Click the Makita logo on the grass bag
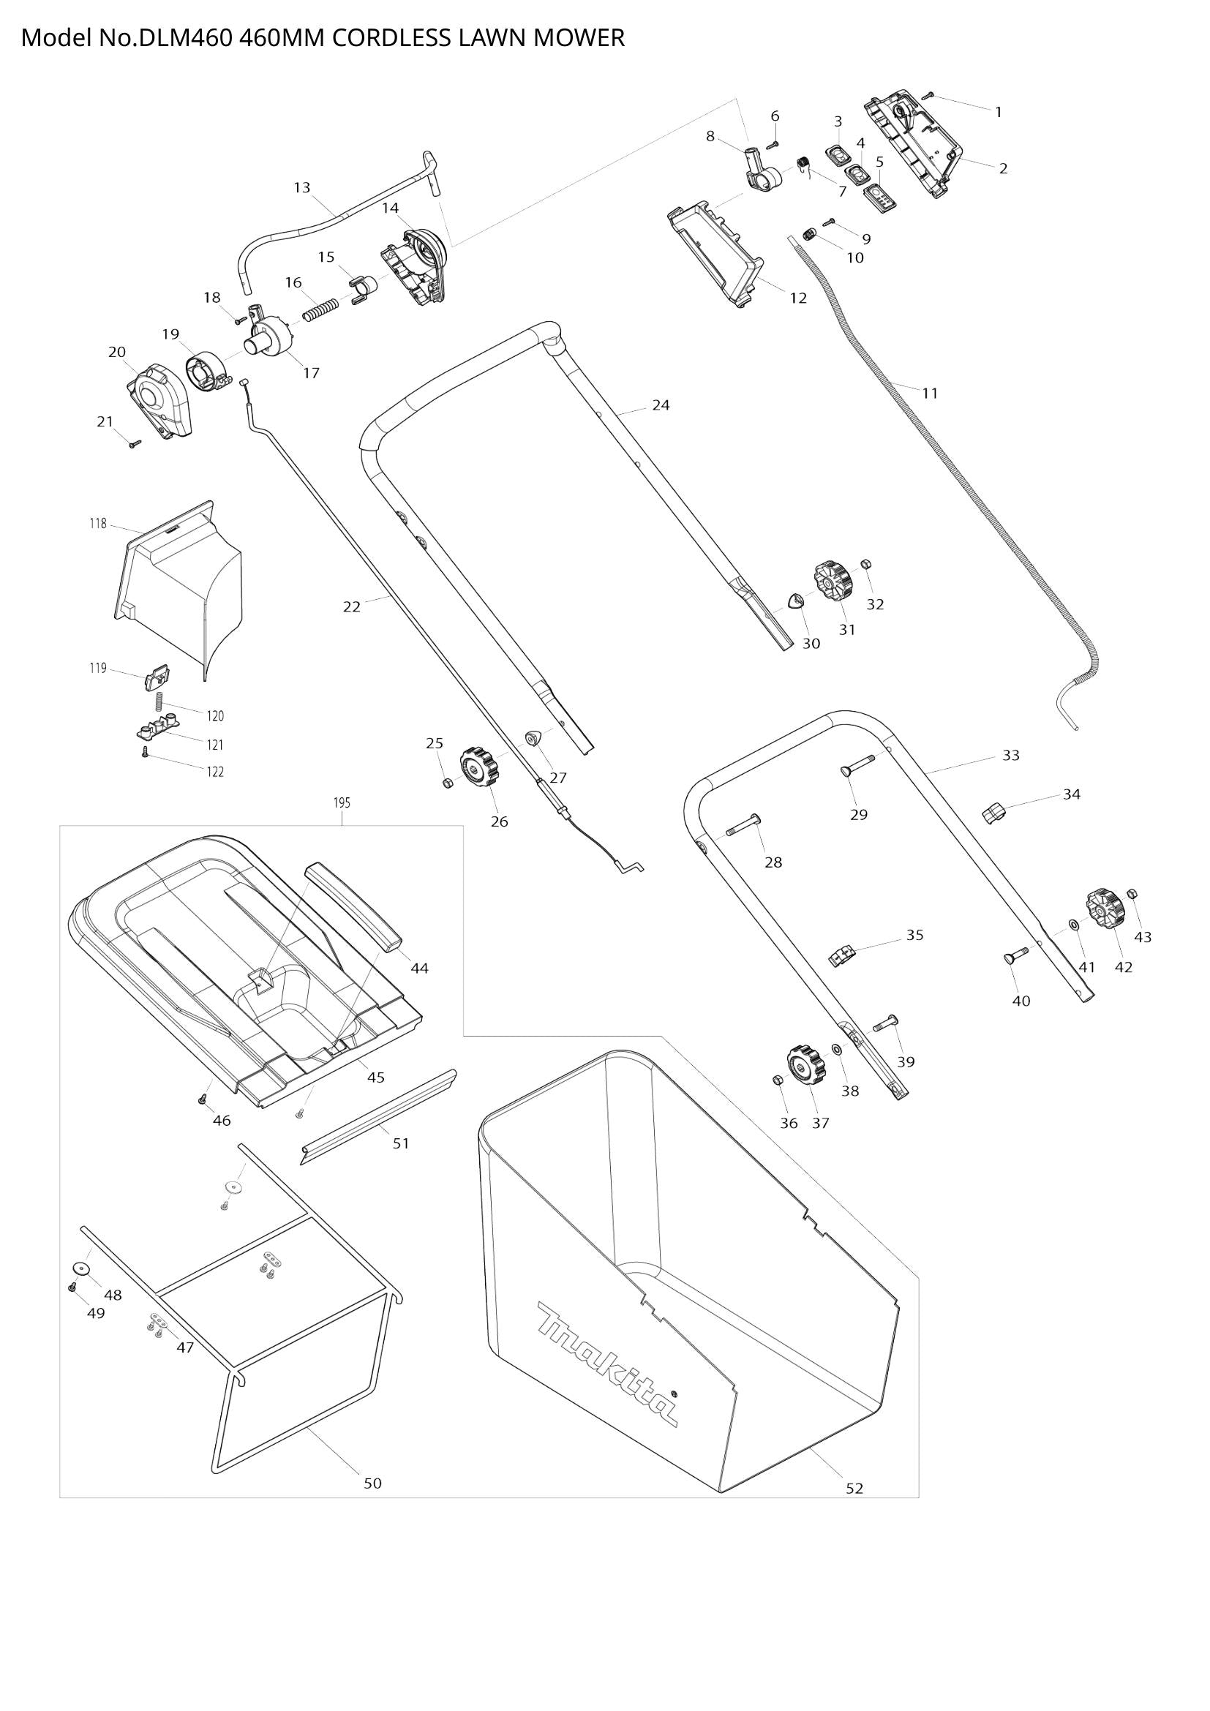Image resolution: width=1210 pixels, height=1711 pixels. coord(607,1364)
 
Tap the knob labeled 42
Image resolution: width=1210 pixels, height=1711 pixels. coord(1105,909)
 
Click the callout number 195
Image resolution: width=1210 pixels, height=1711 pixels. coord(341,802)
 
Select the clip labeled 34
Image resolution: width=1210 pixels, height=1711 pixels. coord(995,813)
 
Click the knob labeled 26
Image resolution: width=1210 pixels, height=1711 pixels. coord(478,768)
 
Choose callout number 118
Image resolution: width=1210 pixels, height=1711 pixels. coord(97,524)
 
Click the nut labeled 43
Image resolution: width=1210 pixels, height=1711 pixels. coord(1132,893)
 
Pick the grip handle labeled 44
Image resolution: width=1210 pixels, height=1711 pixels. coord(355,907)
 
